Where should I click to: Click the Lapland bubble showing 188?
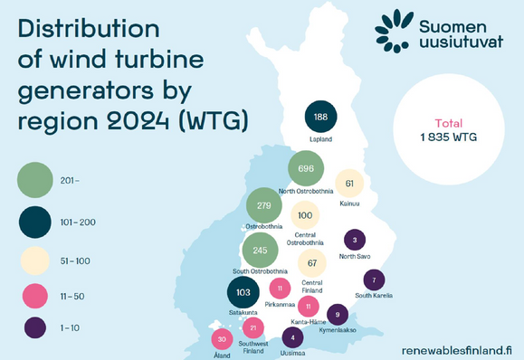[x=320, y=117]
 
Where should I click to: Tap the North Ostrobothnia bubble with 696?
[x=305, y=169]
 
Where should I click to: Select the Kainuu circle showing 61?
[x=349, y=184]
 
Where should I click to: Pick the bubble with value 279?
[x=264, y=206]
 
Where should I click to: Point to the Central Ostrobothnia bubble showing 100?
[x=305, y=215]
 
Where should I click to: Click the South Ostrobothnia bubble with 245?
[x=261, y=250]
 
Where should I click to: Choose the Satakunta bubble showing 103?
[x=243, y=293]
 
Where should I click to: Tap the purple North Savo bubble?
[x=355, y=240]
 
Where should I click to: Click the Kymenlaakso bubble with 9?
[x=337, y=315]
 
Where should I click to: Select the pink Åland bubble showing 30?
[x=223, y=339]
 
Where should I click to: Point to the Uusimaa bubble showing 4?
[x=292, y=338]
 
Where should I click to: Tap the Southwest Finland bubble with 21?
[x=254, y=327]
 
